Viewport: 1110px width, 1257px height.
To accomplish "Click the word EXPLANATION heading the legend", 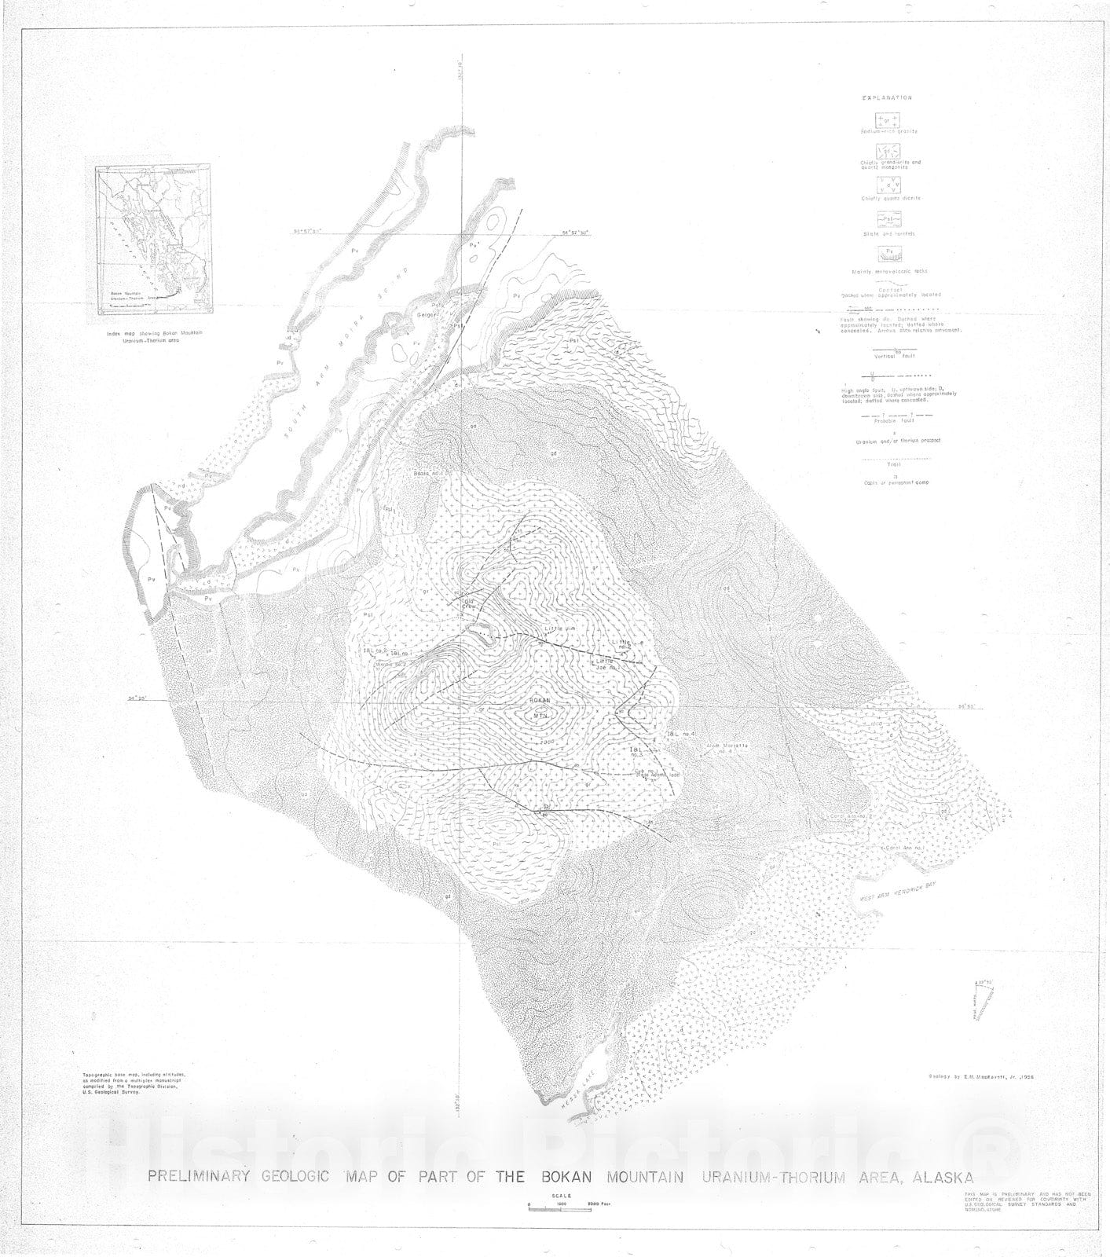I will (x=887, y=98).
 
